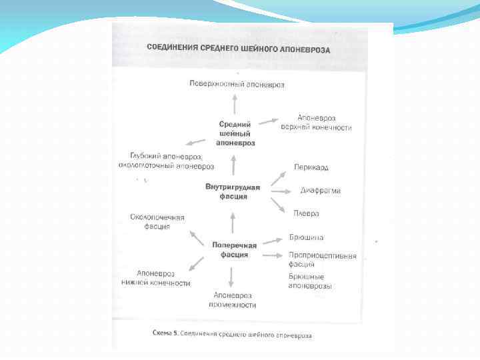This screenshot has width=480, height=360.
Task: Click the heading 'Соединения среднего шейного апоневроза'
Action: pyautogui.click(x=239, y=49)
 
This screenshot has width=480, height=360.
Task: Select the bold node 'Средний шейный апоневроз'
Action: pyautogui.click(x=235, y=133)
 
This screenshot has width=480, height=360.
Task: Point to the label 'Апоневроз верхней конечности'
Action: pyautogui.click(x=316, y=122)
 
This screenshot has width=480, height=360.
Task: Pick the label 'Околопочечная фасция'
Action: pyautogui.click(x=157, y=221)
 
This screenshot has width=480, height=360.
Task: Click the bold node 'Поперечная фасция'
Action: pyautogui.click(x=234, y=249)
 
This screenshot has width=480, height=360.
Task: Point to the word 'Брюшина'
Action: pyautogui.click(x=307, y=237)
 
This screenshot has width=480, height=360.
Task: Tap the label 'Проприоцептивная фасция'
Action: pyautogui.click(x=323, y=259)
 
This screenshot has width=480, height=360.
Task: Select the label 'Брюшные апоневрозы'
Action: pyautogui.click(x=310, y=281)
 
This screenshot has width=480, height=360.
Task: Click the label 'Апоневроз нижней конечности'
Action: pyautogui.click(x=163, y=278)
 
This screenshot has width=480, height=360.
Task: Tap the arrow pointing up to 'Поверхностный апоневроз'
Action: pyautogui.click(x=234, y=104)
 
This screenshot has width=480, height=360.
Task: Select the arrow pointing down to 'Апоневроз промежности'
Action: pyautogui.click(x=231, y=277)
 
